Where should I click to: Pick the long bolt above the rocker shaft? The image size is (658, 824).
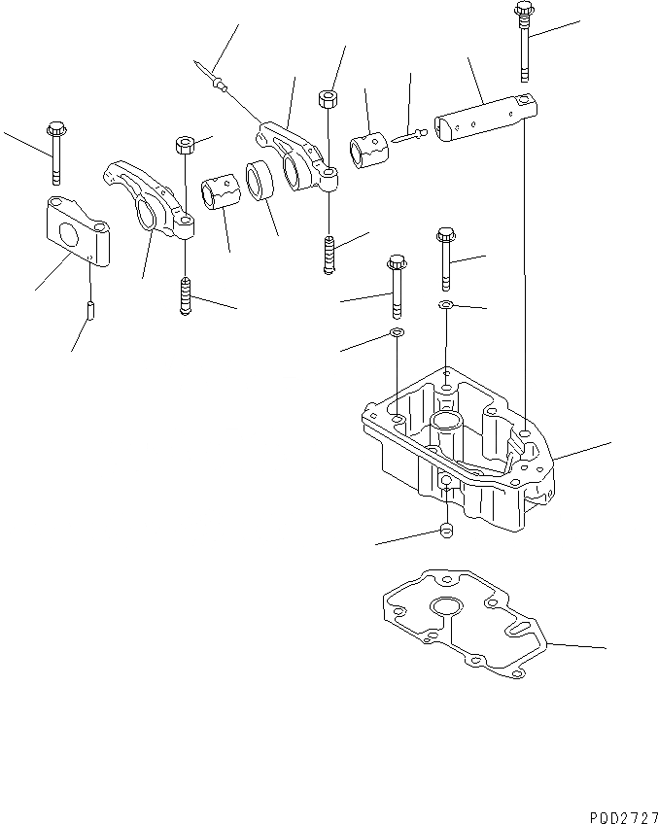tap(525, 43)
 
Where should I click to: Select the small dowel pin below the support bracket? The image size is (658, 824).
tap(89, 312)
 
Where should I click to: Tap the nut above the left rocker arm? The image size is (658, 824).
tap(185, 146)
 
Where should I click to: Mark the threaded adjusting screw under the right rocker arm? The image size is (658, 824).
tap(330, 257)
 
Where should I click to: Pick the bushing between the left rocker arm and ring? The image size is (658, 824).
tap(222, 188)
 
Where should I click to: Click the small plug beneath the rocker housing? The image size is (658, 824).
tap(445, 531)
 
